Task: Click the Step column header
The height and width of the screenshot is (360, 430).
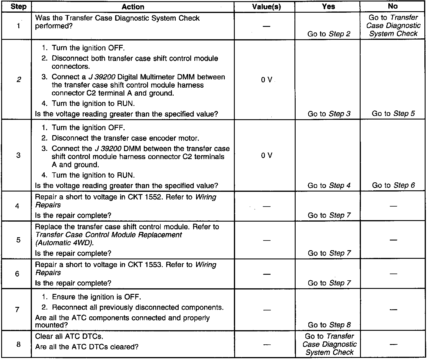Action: click(x=18, y=6)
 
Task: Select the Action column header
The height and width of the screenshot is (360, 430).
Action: click(x=133, y=7)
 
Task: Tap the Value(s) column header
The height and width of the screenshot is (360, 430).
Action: click(x=266, y=7)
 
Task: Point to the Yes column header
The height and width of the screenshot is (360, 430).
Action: click(x=328, y=6)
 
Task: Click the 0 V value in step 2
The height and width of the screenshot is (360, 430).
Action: click(x=266, y=80)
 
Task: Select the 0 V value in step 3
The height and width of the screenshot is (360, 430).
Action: click(x=266, y=156)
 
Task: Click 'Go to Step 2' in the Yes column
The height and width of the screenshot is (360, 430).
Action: click(x=329, y=34)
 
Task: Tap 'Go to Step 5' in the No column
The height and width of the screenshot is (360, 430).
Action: click(x=393, y=114)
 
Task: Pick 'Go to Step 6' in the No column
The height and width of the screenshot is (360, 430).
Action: click(x=393, y=185)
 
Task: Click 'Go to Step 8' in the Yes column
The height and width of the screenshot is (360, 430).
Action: click(x=329, y=325)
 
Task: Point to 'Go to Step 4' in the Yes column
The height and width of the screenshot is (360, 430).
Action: click(x=329, y=186)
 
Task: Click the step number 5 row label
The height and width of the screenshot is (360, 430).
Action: click(x=18, y=240)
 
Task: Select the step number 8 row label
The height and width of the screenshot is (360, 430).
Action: click(x=18, y=344)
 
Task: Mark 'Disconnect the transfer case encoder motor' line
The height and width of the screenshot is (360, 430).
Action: click(x=125, y=138)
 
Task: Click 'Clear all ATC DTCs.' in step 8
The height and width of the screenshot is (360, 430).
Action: click(x=69, y=336)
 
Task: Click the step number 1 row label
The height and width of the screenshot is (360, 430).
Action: click(x=18, y=26)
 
